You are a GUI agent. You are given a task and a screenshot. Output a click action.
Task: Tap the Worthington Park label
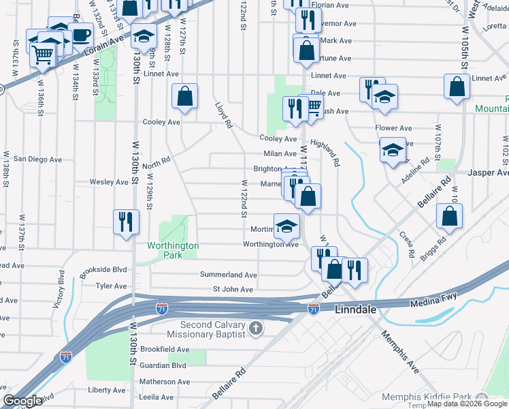pyautogui.click(x=173, y=250)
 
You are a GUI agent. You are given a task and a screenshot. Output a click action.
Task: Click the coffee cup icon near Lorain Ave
pyautogui.click(x=81, y=34)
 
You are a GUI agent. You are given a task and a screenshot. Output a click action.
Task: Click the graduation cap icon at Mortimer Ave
pyautogui.click(x=287, y=226)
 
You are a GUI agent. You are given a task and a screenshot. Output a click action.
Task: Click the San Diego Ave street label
pyautogui.click(x=37, y=159)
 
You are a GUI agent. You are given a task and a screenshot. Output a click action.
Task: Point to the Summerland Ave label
pyautogui.click(x=228, y=275)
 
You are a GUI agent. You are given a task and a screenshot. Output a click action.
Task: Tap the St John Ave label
pyautogui.click(x=233, y=290)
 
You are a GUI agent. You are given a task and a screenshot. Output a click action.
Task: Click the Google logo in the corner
pyautogui.click(x=22, y=401)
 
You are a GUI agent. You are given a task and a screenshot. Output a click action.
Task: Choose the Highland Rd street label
pyautogui.click(x=325, y=153)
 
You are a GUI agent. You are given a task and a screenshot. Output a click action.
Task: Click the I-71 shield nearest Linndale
pyautogui.click(x=313, y=309)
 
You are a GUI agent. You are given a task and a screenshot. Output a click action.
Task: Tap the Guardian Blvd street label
pyautogui.click(x=163, y=365)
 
